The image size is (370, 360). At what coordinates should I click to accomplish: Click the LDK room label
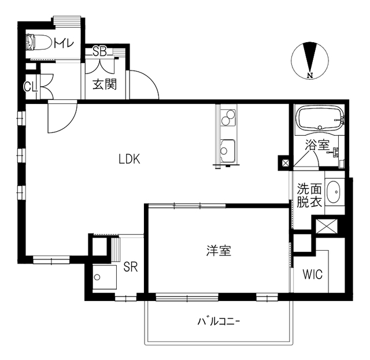point(129,159)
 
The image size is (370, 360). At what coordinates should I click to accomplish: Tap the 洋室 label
point(219,251)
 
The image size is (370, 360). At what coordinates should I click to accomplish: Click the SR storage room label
point(130,267)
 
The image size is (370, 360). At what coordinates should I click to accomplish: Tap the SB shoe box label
point(99,52)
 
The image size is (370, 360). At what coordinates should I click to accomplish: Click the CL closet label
point(31,87)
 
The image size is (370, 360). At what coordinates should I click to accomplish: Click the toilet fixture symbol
point(39,44)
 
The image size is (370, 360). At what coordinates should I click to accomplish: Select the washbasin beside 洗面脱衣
point(334,191)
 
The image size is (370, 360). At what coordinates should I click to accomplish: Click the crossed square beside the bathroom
point(285,162)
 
